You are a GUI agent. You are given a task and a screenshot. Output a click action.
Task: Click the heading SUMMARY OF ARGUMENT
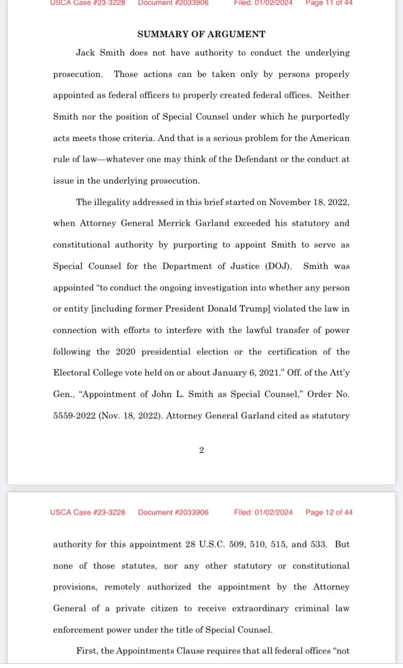point(201,34)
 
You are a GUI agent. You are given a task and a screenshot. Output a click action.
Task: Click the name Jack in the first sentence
point(87,53)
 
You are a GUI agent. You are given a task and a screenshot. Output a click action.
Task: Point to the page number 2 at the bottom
point(201,450)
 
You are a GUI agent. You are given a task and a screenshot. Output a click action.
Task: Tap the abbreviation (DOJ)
point(277,266)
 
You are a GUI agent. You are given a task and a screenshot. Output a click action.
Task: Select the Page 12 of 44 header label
point(329,513)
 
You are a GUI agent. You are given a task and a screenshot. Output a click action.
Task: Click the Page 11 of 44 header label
point(329,3)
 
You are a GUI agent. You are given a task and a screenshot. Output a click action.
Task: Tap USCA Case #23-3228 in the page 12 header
point(88,513)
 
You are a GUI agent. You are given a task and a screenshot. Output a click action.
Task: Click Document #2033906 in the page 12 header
point(173,513)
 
